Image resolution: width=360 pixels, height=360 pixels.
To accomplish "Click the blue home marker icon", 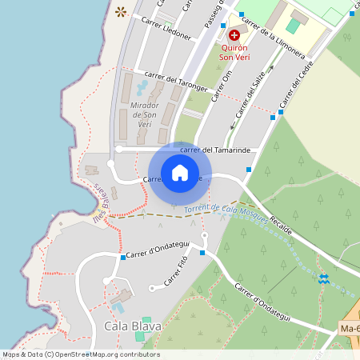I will [x=180, y=172].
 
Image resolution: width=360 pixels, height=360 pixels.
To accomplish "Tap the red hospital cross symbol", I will [x=234, y=35].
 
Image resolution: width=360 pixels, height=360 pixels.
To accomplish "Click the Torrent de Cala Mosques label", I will [x=226, y=214].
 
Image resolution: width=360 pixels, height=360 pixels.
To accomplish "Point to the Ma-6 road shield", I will [x=349, y=329].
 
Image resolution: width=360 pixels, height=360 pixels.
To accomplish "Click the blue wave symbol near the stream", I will [x=323, y=278].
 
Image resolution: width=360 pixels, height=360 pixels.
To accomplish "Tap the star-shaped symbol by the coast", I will [x=121, y=11].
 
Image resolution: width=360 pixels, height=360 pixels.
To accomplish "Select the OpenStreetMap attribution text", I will [x=80, y=354].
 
